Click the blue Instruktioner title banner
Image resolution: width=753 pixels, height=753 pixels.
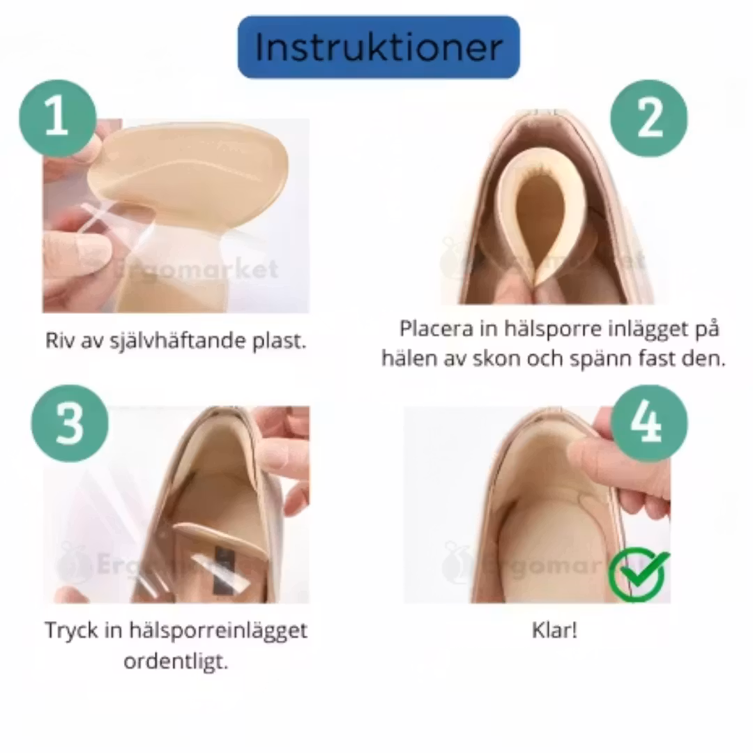(379, 47)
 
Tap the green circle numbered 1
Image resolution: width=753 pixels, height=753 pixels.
(58, 118)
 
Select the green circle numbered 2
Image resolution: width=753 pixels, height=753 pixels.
(649, 118)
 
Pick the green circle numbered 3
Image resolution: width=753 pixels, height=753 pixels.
(70, 424)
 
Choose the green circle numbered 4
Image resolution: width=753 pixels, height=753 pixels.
(649, 424)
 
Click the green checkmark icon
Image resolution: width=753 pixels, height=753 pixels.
(639, 574)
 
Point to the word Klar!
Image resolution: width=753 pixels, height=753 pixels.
(555, 630)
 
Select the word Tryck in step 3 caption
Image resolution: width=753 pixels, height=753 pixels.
(71, 630)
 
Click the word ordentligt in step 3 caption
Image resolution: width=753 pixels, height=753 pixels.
(176, 662)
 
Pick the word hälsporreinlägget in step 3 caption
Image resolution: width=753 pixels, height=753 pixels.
(218, 630)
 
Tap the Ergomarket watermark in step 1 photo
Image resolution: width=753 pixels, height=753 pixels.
(197, 269)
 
